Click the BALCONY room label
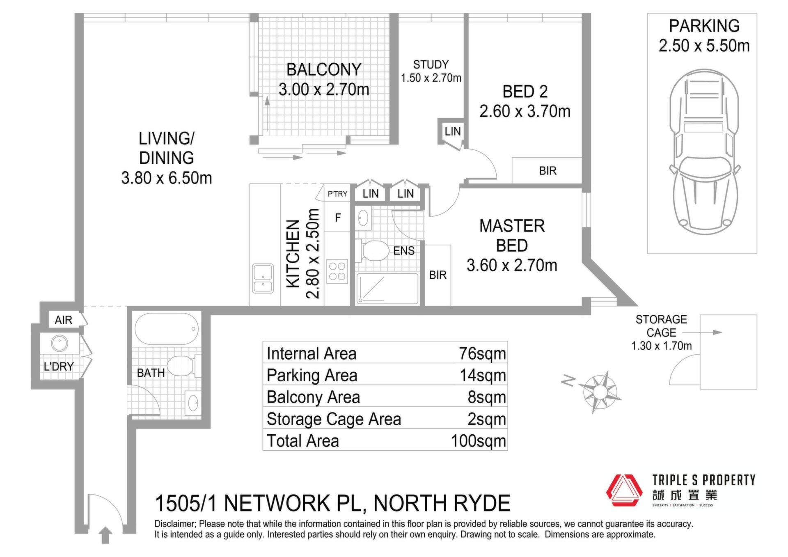pos(324,69)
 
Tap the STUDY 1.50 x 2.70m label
pos(431,71)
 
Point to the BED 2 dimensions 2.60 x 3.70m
pos(525,111)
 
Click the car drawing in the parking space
pos(704,151)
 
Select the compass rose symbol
pos(600,392)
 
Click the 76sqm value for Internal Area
pos(482,353)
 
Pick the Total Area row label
pos(303,441)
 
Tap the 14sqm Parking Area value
pos(483,375)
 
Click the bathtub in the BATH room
pos(167,329)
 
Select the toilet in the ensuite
pos(373,251)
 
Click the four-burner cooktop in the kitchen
pos(337,271)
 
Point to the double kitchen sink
pos(263,279)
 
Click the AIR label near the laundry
pos(64,320)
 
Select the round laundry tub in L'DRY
pos(60,343)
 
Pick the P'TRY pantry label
pos(337,194)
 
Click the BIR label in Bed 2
pos(547,171)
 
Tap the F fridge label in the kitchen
pos(338,218)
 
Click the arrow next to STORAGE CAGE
pos(702,332)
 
